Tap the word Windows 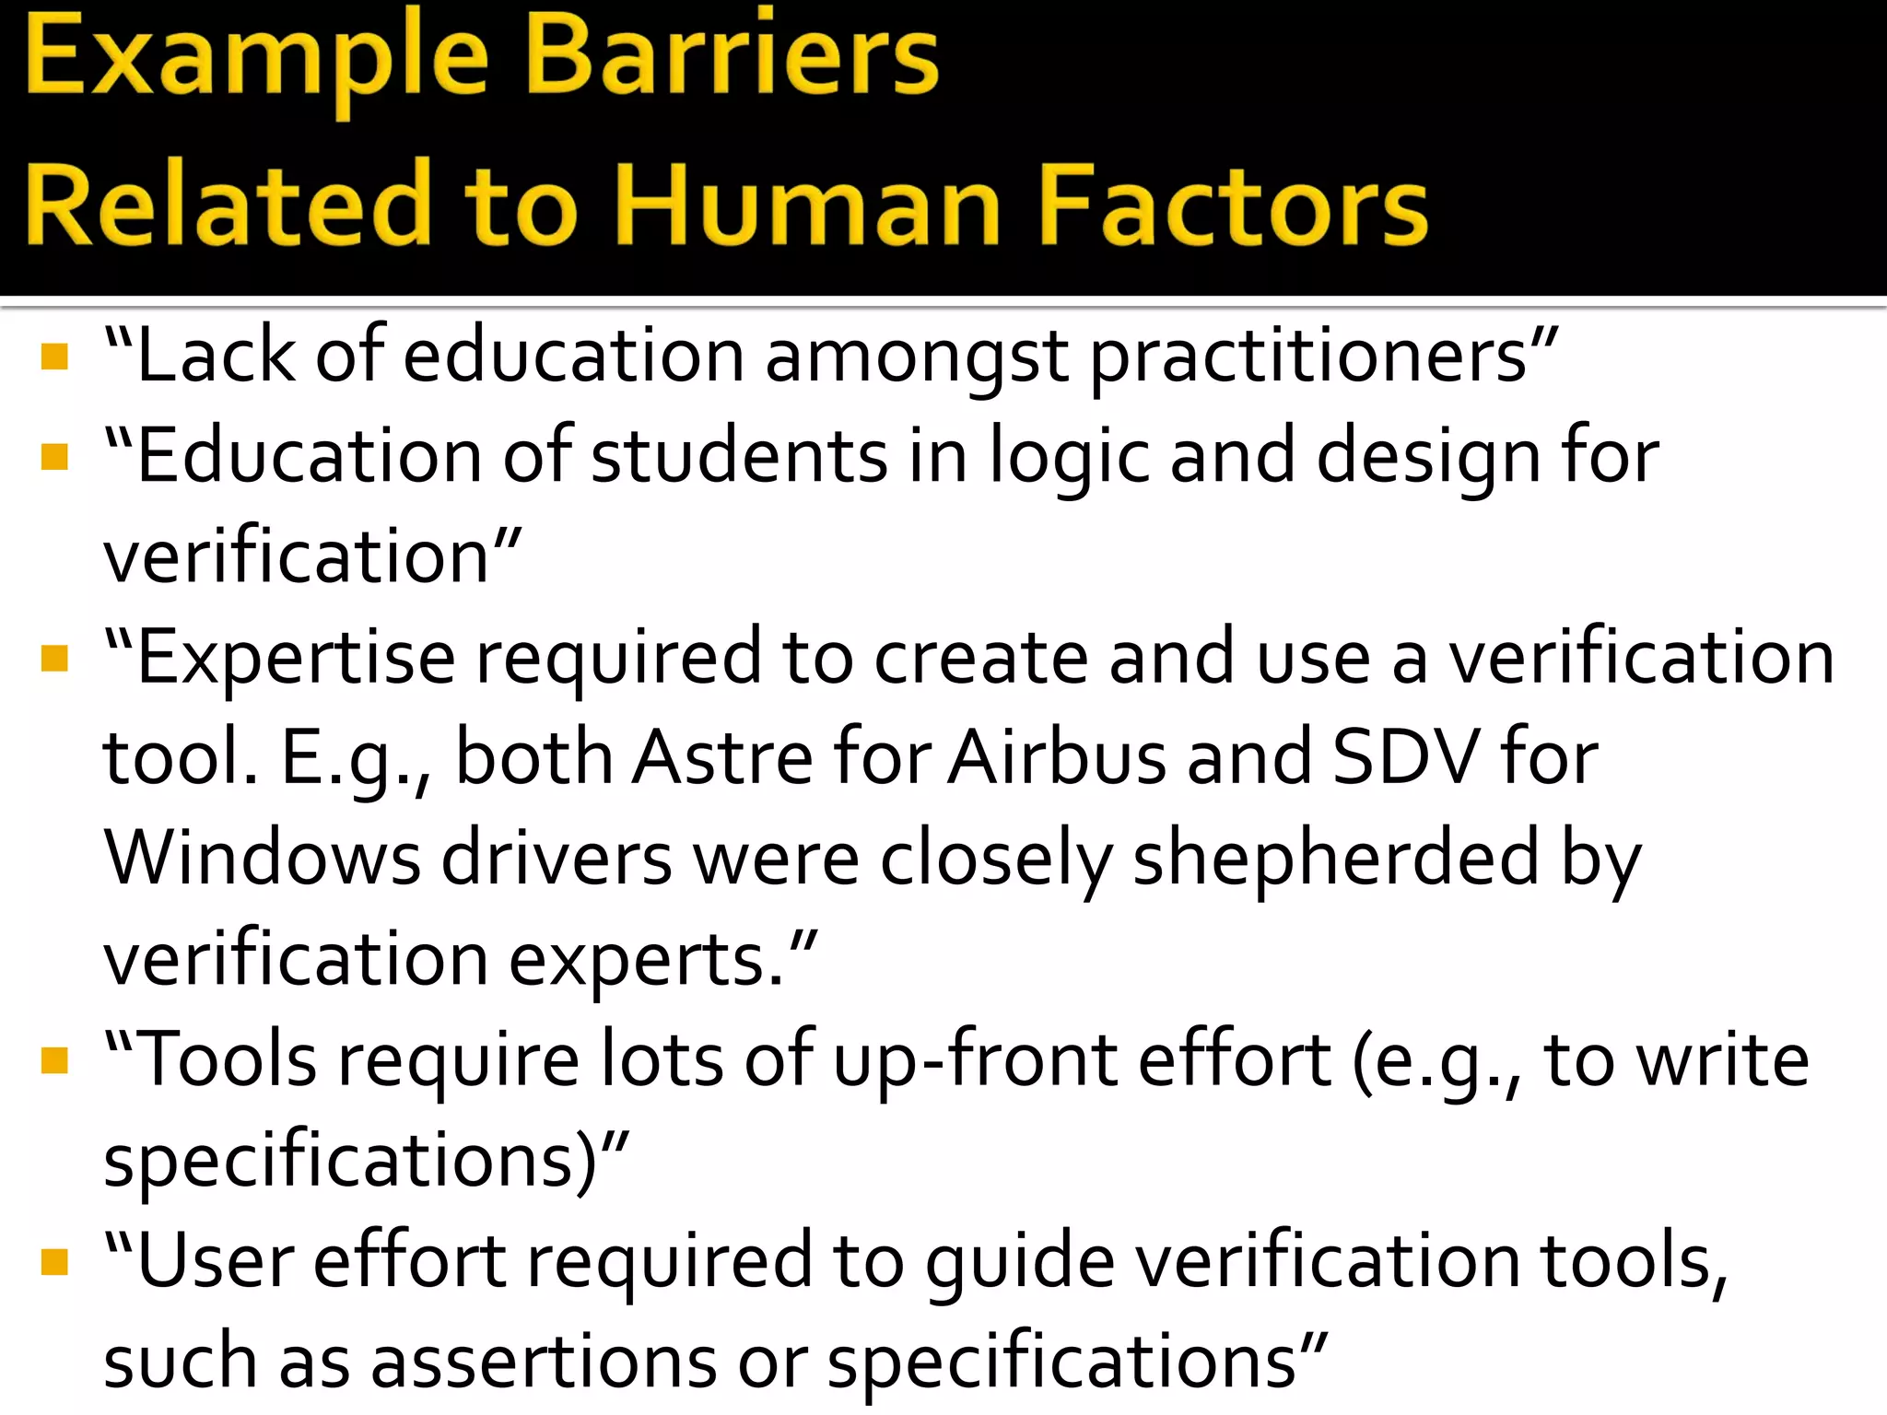click(x=263, y=859)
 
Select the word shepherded click(x=1336, y=860)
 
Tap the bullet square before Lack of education click(x=55, y=357)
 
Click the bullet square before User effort click(x=55, y=1261)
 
